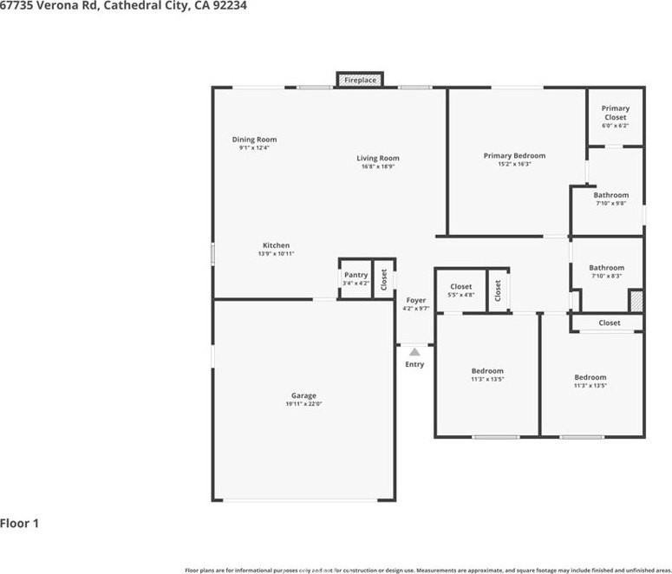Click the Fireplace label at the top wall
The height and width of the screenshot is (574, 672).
360,81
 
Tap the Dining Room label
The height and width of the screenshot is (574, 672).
254,140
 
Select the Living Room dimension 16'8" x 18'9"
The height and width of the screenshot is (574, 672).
378,166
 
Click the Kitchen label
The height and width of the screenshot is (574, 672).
276,245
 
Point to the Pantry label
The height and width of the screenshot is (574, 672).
356,275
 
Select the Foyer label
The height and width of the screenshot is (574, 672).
415,300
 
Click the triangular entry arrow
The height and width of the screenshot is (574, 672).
414,352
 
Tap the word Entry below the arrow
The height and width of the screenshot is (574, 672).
414,364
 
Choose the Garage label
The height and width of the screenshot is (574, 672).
303,395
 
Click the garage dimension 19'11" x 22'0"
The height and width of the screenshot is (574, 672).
303,404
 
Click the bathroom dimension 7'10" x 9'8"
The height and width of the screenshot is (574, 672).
610,204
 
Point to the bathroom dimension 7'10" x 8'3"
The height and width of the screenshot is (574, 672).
606,277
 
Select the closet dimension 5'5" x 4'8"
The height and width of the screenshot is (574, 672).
460,295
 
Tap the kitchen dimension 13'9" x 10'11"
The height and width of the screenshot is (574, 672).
276,254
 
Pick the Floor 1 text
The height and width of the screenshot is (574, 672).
19,524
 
